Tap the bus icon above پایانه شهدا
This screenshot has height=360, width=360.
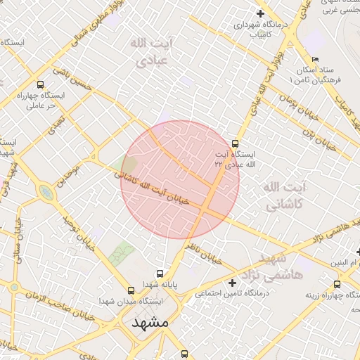coord(161,274)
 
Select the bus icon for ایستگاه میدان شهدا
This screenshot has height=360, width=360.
coord(130,290)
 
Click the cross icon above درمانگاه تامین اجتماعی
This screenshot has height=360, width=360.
coord(233,283)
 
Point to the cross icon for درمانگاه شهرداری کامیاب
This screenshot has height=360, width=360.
coord(260,13)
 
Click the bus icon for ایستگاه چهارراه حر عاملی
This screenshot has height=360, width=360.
coord(39,84)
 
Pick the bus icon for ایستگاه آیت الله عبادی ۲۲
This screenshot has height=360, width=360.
coord(235,143)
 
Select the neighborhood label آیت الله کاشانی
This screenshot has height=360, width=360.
coord(285,195)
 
